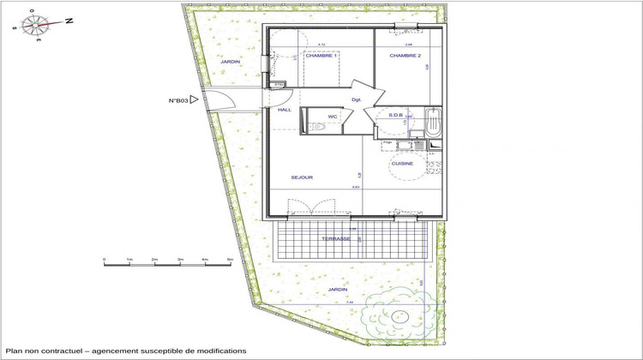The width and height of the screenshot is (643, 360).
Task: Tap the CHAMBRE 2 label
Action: point(405,55)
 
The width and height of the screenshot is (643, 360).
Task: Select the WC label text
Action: point(332,117)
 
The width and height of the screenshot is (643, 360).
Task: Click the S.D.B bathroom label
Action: point(396,114)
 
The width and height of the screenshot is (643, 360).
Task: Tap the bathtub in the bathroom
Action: point(434,123)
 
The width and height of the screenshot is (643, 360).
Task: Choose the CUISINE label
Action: point(402,163)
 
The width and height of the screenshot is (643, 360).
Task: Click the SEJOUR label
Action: point(302,177)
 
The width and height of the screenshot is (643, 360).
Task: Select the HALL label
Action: point(285,110)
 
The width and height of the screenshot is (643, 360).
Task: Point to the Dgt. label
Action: point(357,99)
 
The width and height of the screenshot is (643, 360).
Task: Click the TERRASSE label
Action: point(336,239)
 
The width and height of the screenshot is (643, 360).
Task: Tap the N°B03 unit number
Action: point(178,100)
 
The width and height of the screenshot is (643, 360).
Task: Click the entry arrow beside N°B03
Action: point(195,100)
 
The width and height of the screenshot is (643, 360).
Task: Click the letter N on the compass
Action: point(69,21)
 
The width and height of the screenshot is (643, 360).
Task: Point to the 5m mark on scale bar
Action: point(230,258)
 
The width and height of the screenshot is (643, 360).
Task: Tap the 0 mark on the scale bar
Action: point(104,258)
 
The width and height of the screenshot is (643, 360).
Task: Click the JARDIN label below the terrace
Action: point(338,290)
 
